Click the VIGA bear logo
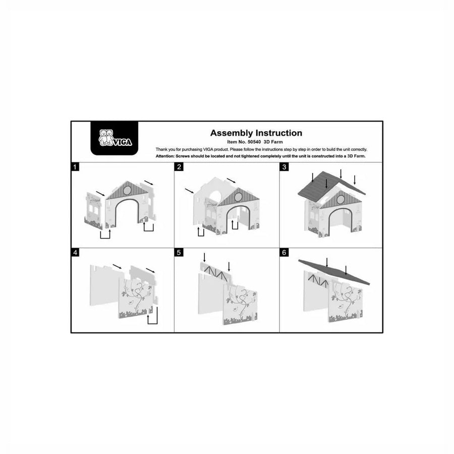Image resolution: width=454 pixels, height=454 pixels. [115, 138]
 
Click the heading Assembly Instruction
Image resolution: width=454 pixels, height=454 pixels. [256, 133]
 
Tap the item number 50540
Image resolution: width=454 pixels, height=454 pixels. [254, 142]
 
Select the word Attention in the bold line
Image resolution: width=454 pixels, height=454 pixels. [165, 156]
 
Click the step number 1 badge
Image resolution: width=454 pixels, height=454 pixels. [75, 167]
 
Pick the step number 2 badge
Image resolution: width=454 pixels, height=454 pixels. [179, 167]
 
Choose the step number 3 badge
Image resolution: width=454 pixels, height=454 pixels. [284, 167]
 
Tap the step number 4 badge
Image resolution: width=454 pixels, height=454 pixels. [75, 253]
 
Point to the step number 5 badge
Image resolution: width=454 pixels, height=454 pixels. [179, 253]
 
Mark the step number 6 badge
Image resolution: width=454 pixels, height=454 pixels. [284, 253]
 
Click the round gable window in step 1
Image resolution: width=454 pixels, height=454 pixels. [127, 190]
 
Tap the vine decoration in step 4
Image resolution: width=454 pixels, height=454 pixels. [137, 295]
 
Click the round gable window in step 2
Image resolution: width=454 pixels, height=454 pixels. [238, 197]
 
